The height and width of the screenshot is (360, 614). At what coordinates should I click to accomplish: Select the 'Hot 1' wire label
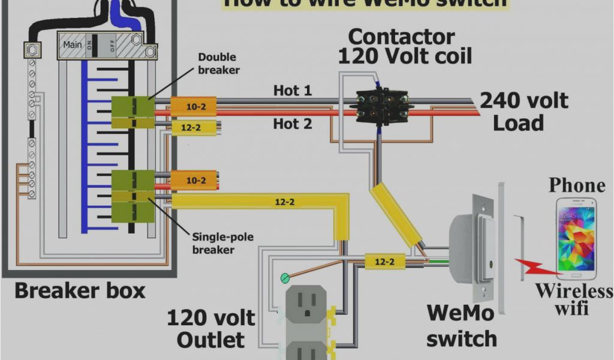(x=293, y=91)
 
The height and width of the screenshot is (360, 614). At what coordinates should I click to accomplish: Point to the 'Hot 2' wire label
(x=293, y=124)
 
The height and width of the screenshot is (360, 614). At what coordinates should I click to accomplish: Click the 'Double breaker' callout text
(x=218, y=64)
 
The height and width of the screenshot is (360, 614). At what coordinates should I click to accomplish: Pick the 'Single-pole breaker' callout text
(x=222, y=243)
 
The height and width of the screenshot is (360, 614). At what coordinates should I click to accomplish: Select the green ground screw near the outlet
(x=285, y=278)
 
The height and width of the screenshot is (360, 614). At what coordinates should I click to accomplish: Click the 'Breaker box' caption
(x=80, y=292)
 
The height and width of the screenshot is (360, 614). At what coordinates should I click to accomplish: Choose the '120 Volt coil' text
(x=405, y=56)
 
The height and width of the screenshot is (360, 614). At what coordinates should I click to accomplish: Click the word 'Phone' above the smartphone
(x=577, y=185)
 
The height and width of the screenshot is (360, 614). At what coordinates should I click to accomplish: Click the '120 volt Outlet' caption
(x=210, y=328)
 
